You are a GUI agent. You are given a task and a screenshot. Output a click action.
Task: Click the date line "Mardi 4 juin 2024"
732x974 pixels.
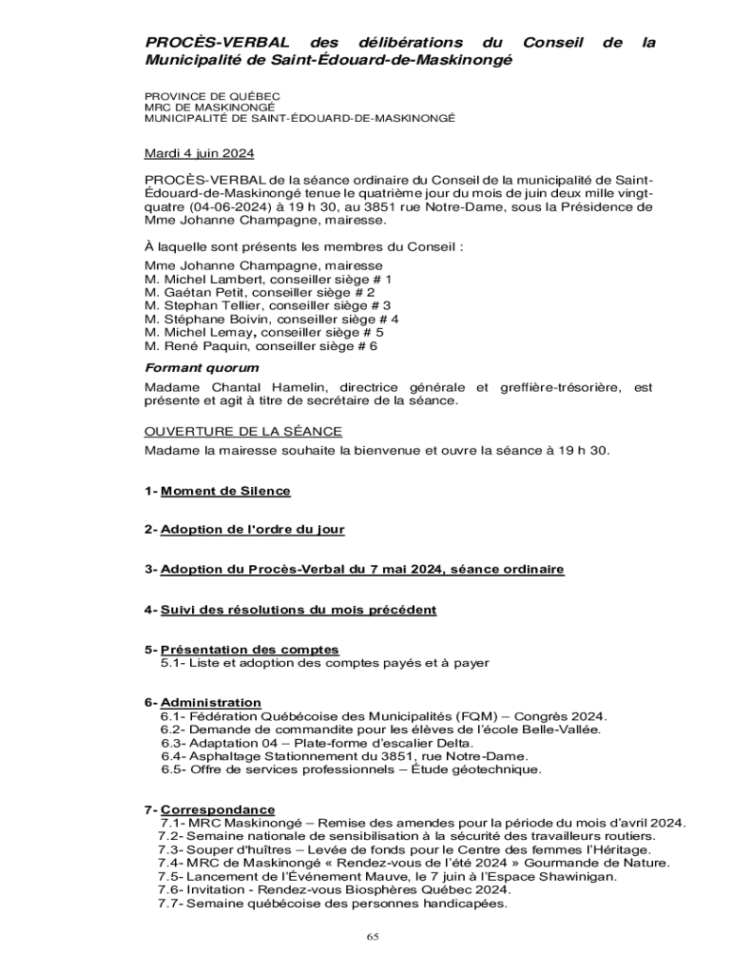[x=199, y=153]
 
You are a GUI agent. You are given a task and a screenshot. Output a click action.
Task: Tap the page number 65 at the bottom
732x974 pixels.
[x=373, y=937]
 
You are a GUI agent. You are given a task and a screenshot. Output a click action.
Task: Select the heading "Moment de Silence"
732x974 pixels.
[x=225, y=491]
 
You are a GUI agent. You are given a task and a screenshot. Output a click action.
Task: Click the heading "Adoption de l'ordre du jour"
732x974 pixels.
[x=252, y=529]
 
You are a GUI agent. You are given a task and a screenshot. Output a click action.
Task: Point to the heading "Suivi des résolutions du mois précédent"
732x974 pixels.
[x=299, y=609]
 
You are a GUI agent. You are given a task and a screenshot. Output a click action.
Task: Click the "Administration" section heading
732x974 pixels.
[x=210, y=703]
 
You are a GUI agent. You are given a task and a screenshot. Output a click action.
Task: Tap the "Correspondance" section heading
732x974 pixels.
[x=218, y=809]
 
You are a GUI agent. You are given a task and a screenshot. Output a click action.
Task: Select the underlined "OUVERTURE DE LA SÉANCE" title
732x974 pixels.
[x=242, y=432]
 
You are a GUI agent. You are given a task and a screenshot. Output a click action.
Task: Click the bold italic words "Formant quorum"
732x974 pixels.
[x=202, y=368]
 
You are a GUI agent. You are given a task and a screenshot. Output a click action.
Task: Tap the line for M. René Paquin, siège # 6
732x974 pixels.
[x=261, y=347]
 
